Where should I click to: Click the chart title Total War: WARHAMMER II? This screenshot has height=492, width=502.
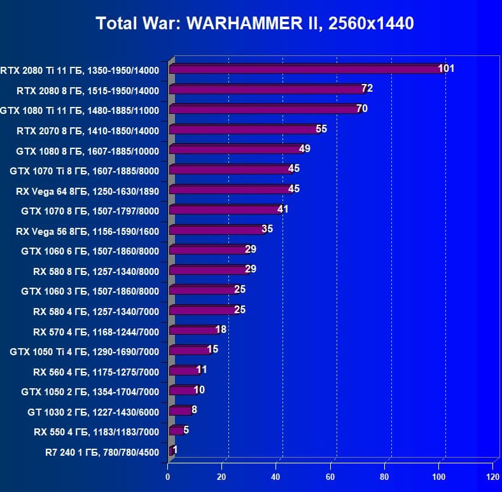pyautogui.click(x=254, y=24)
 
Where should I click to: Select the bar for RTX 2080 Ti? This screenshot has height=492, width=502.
pyautogui.click(x=305, y=69)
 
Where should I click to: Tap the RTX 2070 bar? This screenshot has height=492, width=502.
pyautogui.click(x=243, y=129)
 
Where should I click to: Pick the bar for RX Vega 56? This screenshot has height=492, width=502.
pyautogui.click(x=216, y=230)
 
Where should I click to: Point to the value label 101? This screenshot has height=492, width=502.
pyautogui.click(x=446, y=68)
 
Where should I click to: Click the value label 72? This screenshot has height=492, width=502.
pyautogui.click(x=366, y=88)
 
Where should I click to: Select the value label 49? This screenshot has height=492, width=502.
pyautogui.click(x=304, y=149)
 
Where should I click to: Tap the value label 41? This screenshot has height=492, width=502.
pyautogui.click(x=282, y=209)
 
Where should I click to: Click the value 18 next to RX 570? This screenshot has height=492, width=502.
pyautogui.click(x=221, y=330)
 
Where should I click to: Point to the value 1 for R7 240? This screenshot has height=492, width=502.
pyautogui.click(x=175, y=450)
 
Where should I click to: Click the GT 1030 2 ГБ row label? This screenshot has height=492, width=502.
pyautogui.click(x=93, y=412)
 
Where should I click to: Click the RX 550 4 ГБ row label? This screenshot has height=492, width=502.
pyautogui.click(x=96, y=432)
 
